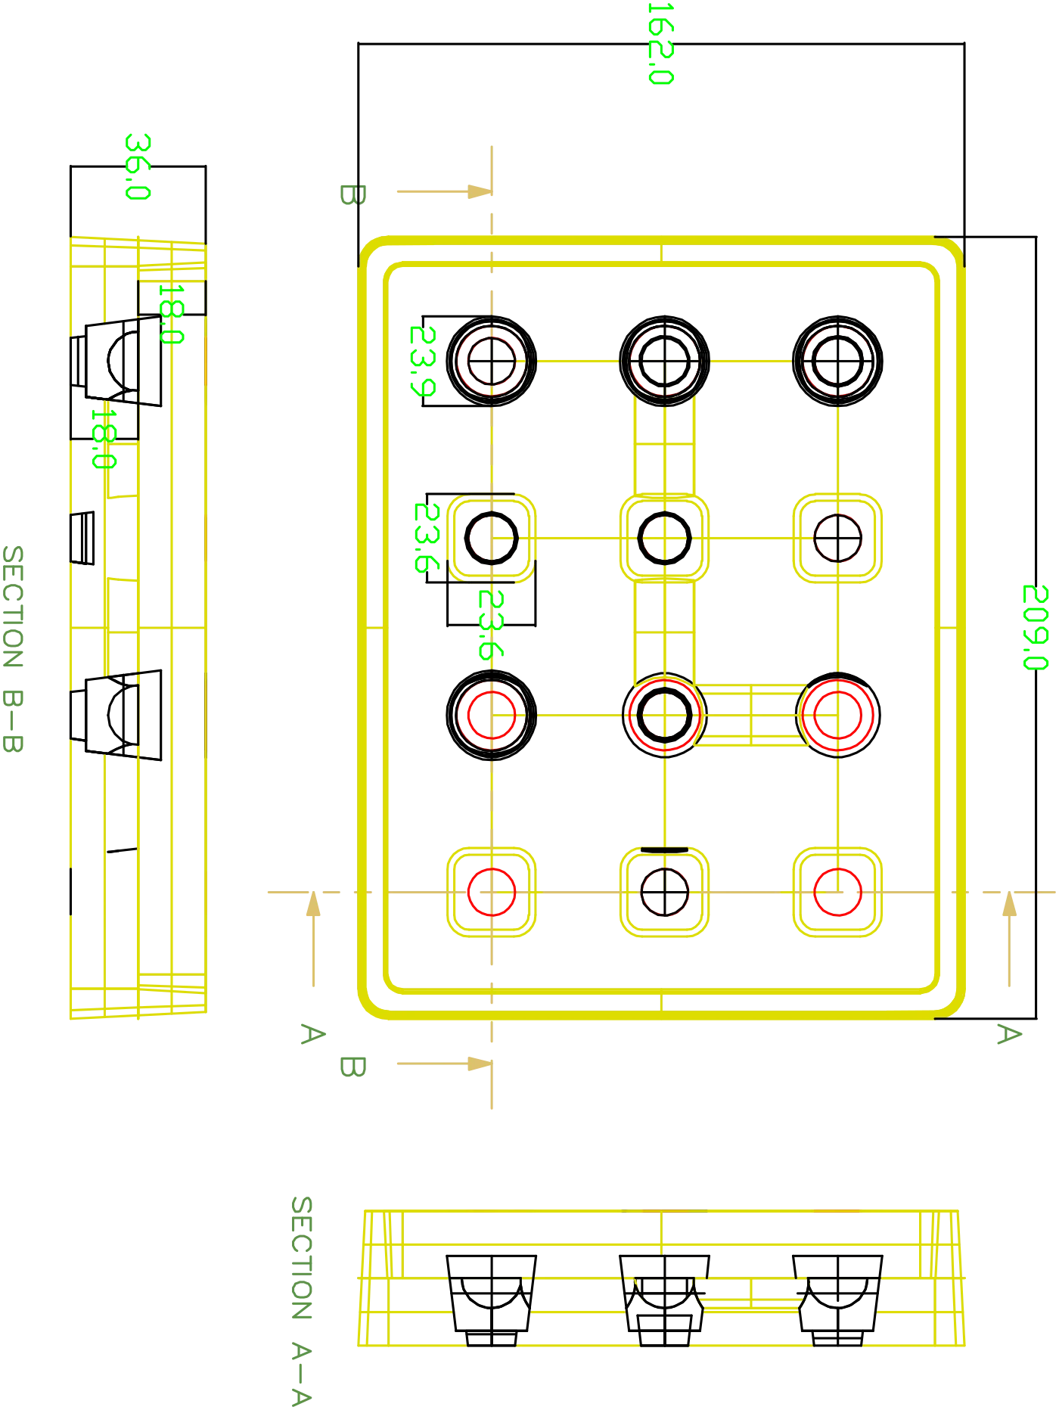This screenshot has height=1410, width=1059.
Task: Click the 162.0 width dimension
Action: pos(663,42)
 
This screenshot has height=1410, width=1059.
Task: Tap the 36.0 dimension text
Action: pos(138,166)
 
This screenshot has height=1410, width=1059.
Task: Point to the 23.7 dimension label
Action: pos(421,361)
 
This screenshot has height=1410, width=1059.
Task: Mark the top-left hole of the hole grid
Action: pos(492,361)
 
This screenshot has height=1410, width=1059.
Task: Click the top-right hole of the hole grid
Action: pos(837,361)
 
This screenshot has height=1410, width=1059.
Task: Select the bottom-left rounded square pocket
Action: pos(492,893)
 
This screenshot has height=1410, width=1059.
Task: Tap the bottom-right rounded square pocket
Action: pos(837,893)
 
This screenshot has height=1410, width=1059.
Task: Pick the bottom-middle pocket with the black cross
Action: pos(665,893)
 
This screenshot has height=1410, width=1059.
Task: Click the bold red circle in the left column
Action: pos(492,715)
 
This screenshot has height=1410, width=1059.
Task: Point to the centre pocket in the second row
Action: pos(665,537)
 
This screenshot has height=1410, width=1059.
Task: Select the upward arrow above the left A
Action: pos(311,907)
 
